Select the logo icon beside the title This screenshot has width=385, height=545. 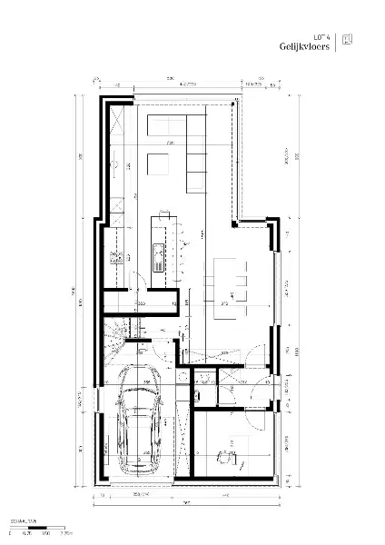tap(348, 40)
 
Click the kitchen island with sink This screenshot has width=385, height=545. tap(161, 244)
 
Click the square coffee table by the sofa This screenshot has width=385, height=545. tap(157, 163)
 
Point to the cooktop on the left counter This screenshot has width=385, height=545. tap(116, 257)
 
